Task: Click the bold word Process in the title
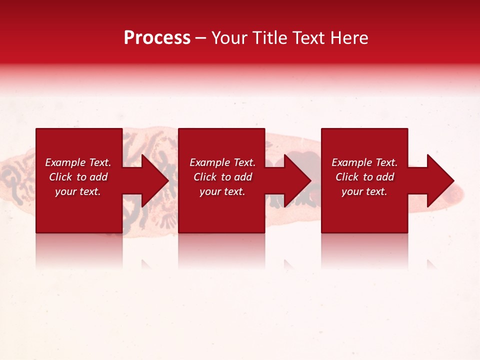click(157, 38)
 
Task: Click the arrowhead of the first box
click(155, 180)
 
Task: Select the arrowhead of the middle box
click(298, 180)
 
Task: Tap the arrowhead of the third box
click(440, 180)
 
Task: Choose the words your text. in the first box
click(78, 191)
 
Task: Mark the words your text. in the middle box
click(222, 191)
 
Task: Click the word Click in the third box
click(347, 177)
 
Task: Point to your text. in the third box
click(364, 191)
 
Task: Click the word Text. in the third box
click(386, 162)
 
